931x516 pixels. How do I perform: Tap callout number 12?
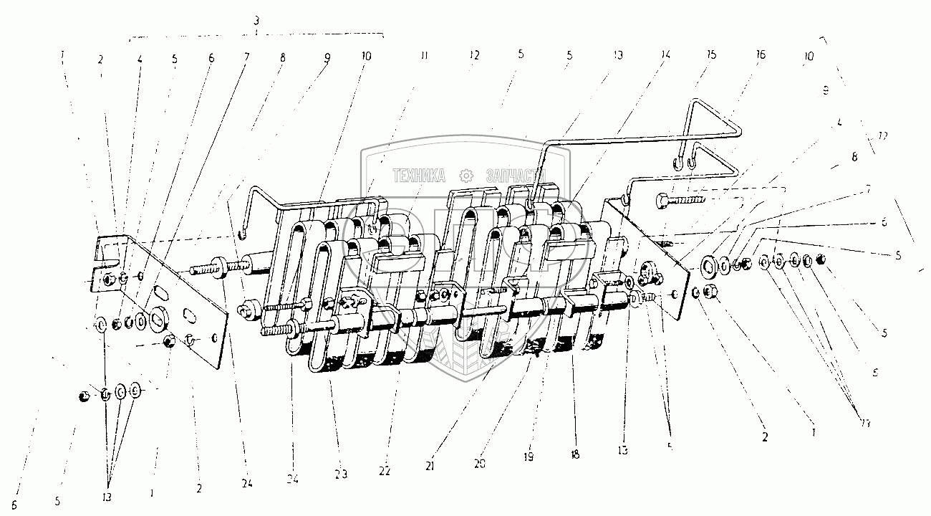[473, 54]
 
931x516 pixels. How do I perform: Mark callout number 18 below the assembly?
[574, 455]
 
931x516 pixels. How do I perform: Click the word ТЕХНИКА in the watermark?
[418, 175]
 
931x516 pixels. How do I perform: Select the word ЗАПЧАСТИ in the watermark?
[516, 175]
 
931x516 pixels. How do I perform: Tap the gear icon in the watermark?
[466, 175]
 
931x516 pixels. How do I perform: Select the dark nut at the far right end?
[821, 259]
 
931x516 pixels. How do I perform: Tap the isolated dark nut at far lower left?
[85, 395]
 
